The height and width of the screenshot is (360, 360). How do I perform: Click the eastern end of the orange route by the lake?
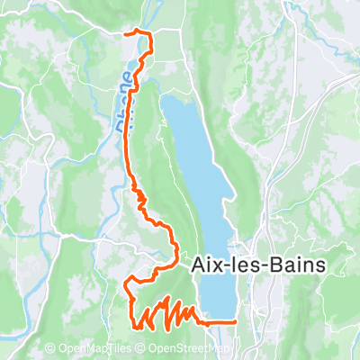pyautogui.click(x=235, y=320)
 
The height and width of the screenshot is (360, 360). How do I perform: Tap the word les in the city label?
pyautogui.click(x=247, y=265)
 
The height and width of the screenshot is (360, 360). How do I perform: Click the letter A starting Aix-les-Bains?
pyautogui.click(x=198, y=265)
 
